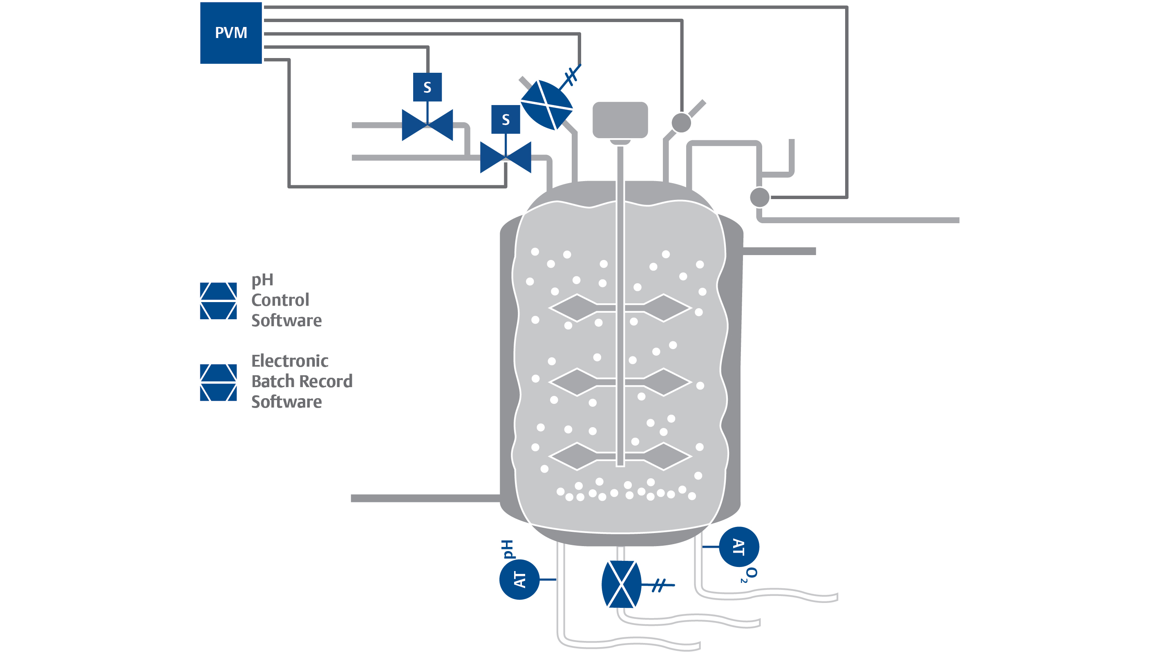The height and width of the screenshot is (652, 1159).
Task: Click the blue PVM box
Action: [x=231, y=33]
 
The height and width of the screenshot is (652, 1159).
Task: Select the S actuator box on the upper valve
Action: [x=427, y=87]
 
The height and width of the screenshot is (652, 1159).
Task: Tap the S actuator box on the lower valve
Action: [x=505, y=119]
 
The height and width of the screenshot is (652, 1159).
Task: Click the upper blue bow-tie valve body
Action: [x=427, y=125]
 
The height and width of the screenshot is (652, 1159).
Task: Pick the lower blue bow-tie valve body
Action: [x=505, y=157]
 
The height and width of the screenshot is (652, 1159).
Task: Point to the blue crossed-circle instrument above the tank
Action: [x=546, y=105]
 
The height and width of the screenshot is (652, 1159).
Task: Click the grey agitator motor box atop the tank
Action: [x=620, y=120]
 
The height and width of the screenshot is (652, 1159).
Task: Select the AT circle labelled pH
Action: [x=519, y=579]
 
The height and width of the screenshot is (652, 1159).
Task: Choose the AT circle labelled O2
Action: [x=739, y=547]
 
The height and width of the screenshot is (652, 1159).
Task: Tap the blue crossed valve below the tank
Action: [x=621, y=584]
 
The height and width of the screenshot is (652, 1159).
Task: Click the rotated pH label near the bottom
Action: [x=508, y=549]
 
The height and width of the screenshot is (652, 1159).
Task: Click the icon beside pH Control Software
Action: [x=218, y=300]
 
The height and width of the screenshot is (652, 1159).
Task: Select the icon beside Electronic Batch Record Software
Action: [x=218, y=382]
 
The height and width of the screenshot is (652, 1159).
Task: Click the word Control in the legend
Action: [x=280, y=300]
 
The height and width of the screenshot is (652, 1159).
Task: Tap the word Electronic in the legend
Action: [x=290, y=361]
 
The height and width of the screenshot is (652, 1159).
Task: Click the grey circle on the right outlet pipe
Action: [x=759, y=197]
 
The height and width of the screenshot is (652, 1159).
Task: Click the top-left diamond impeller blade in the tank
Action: [x=573, y=308]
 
